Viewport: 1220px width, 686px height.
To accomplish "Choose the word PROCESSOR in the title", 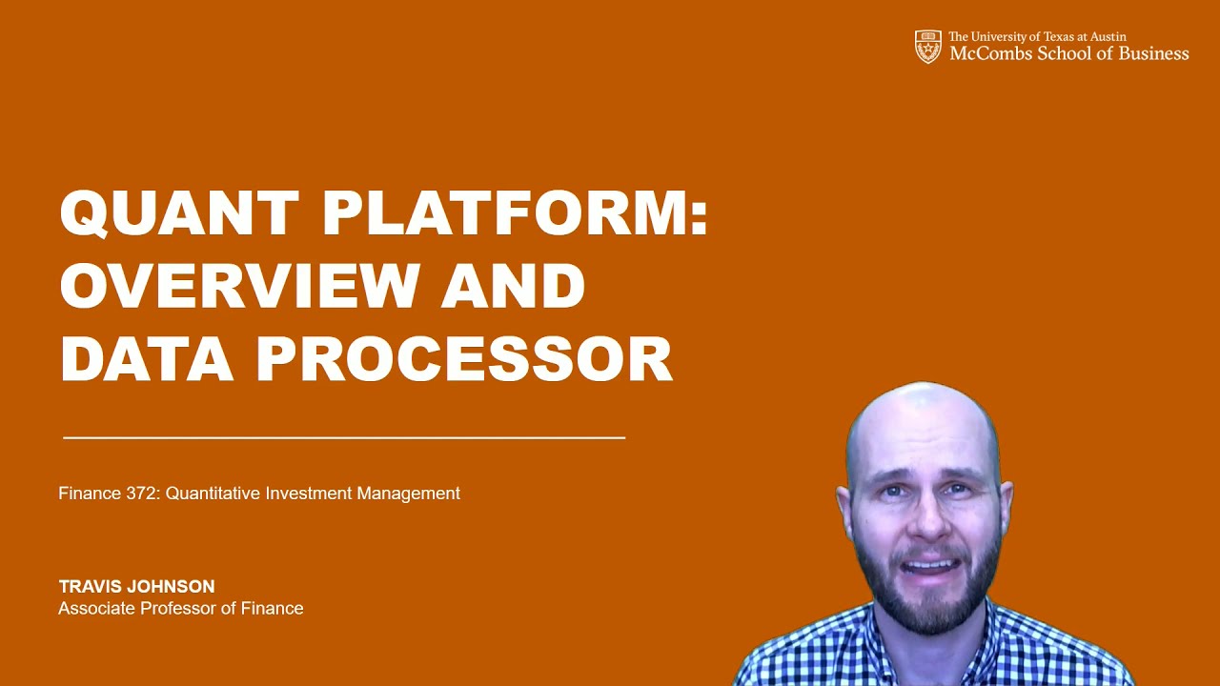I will click(464, 359).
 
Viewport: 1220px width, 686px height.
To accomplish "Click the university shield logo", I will click(927, 47).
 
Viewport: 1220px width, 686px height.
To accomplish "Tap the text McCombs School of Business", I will click(1068, 54).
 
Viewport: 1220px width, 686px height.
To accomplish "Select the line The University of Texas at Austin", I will click(1037, 37).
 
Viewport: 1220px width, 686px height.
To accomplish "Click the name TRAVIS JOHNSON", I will click(136, 587).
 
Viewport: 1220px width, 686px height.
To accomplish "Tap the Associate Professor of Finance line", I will click(181, 609).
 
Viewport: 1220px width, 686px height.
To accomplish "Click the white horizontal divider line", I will click(343, 437).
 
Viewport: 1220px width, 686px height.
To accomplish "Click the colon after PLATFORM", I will click(701, 214).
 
